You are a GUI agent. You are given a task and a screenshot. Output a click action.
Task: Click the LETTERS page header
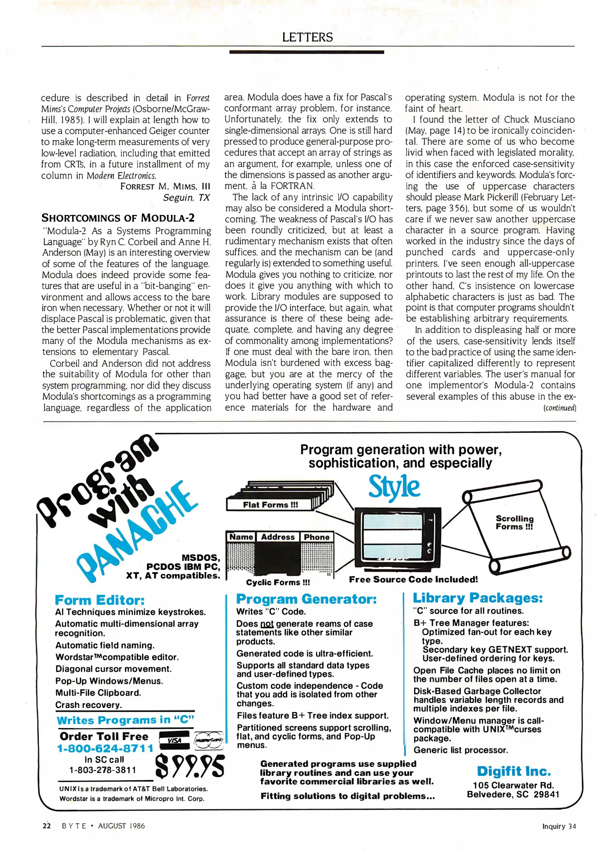click(x=307, y=37)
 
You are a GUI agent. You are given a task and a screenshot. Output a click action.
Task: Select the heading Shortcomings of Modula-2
click(x=118, y=218)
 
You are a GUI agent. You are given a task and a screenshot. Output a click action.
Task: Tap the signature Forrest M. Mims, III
click(x=165, y=186)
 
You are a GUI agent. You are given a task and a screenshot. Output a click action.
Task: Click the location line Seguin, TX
click(x=186, y=197)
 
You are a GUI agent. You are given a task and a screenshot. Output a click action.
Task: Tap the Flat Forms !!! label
click(x=270, y=504)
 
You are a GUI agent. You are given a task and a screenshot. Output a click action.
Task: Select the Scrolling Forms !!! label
click(x=514, y=522)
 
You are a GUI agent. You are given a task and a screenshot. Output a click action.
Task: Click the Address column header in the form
click(x=278, y=537)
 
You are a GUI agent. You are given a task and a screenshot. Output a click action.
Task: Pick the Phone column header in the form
click(x=316, y=537)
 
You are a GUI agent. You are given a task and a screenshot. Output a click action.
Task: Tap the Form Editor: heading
click(x=100, y=600)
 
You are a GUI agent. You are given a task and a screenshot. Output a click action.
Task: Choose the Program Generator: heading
click(x=306, y=599)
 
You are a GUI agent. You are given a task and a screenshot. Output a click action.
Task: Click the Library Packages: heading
click(x=477, y=598)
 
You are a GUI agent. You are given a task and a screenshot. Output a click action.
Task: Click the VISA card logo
click(x=174, y=740)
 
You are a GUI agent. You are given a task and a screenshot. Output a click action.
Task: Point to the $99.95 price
click(x=190, y=766)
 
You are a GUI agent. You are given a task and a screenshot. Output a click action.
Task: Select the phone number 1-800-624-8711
click(x=105, y=748)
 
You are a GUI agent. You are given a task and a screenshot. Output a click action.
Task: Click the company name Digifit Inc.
click(x=514, y=771)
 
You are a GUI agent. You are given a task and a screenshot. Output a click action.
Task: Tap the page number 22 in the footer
click(x=47, y=826)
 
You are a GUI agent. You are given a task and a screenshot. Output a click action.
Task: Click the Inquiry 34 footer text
click(x=559, y=826)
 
